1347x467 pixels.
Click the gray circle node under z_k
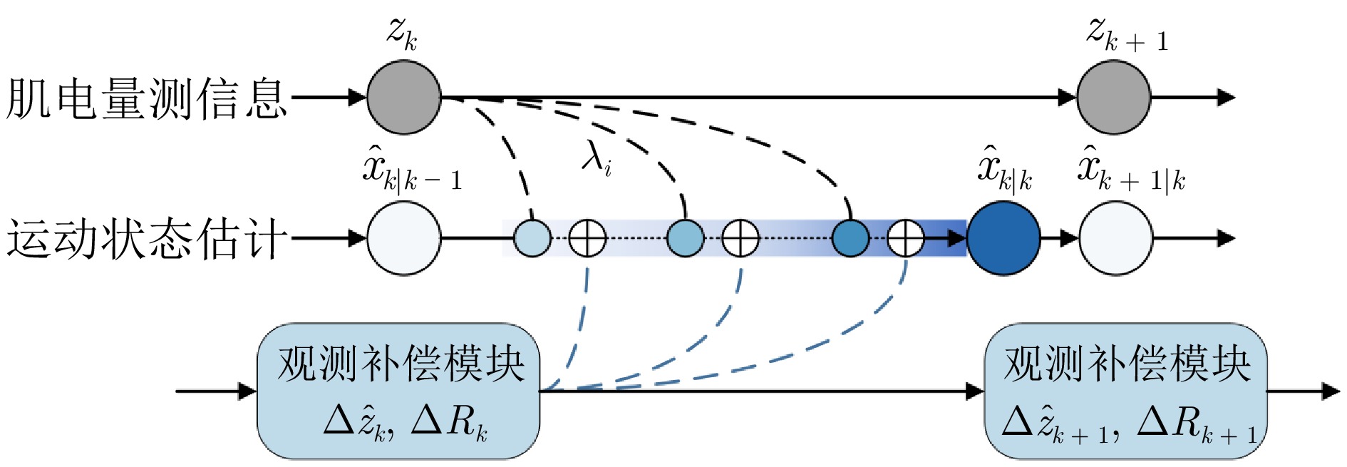(x=403, y=97)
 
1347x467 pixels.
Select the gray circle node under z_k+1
(x=1113, y=97)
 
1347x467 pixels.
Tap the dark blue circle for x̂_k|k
(x=1003, y=238)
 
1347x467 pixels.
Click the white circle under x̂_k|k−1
(x=403, y=238)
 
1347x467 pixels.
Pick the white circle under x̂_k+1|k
(x=1115, y=238)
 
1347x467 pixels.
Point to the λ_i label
(x=596, y=158)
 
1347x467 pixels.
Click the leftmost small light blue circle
(x=532, y=238)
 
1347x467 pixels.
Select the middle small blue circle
(x=685, y=238)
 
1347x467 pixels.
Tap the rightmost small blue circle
(x=850, y=238)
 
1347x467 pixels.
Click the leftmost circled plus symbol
(x=587, y=238)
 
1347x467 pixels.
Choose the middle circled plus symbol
(x=740, y=238)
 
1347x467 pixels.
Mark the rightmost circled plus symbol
(x=905, y=238)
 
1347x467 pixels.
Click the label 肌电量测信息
(x=146, y=98)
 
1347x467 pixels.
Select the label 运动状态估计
(x=146, y=239)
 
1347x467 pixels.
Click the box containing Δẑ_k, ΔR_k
(x=398, y=391)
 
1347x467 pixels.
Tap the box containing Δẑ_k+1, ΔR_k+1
(x=1125, y=391)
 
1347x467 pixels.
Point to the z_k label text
(x=402, y=33)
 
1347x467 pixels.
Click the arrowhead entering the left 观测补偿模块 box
(x=247, y=391)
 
